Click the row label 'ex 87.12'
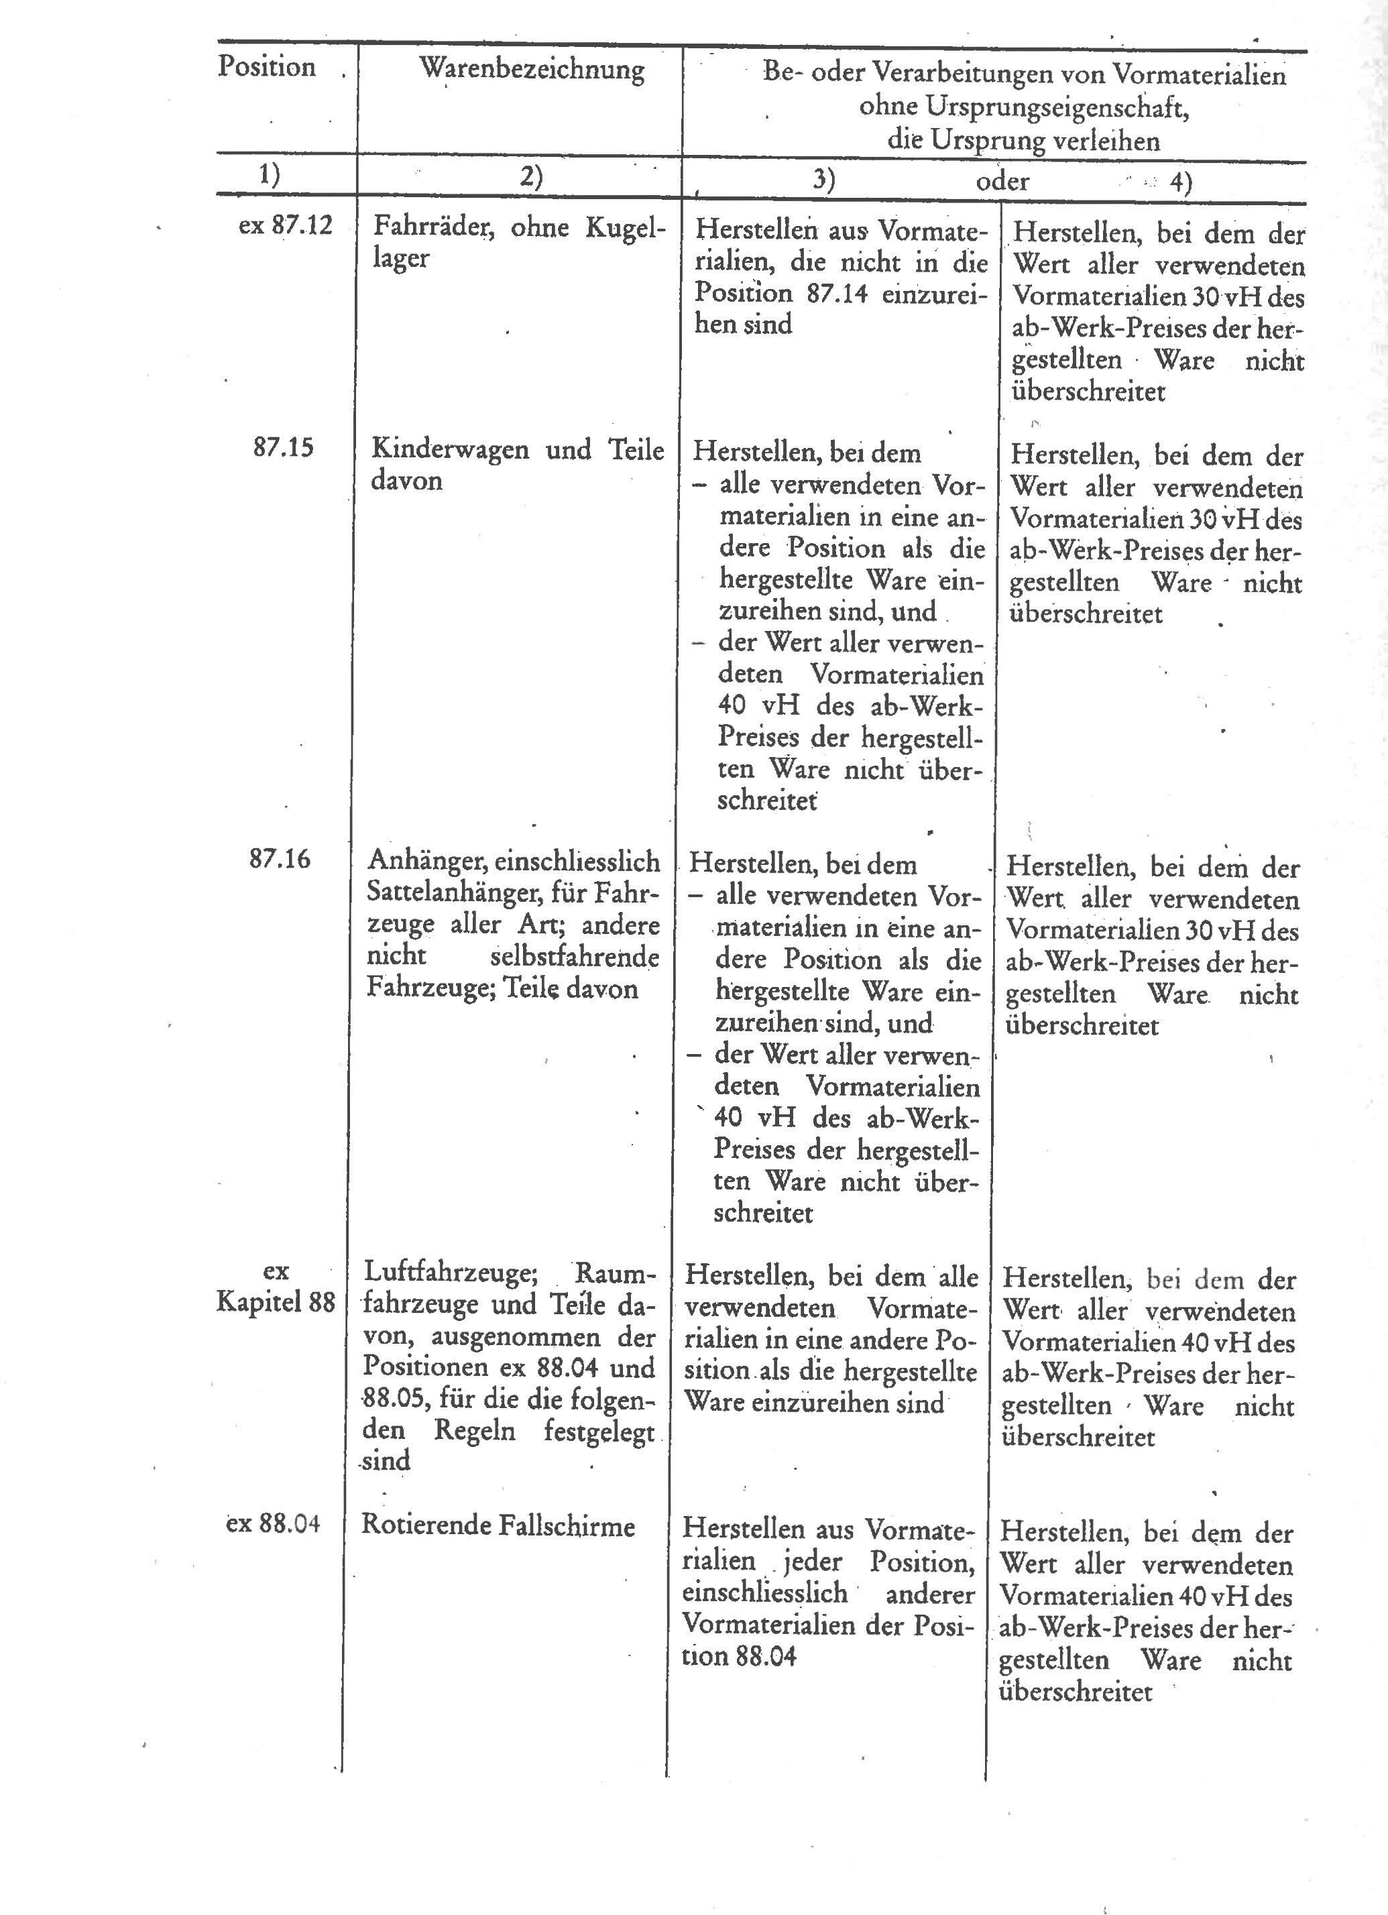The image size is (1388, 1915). pyautogui.click(x=286, y=226)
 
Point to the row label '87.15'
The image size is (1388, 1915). pyautogui.click(x=283, y=447)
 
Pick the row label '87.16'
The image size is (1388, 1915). pyautogui.click(x=280, y=860)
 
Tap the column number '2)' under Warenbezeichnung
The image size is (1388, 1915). pyautogui.click(x=531, y=177)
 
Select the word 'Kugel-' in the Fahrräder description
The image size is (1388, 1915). pyautogui.click(x=626, y=228)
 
